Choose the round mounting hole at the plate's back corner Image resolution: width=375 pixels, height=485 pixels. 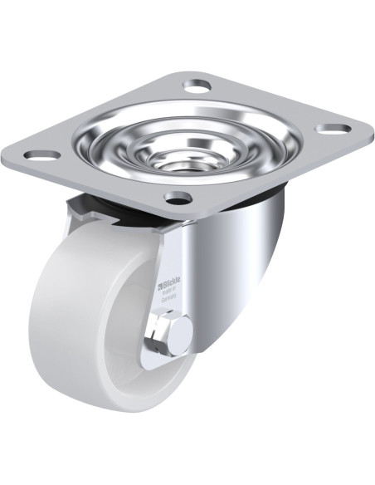(196, 84)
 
